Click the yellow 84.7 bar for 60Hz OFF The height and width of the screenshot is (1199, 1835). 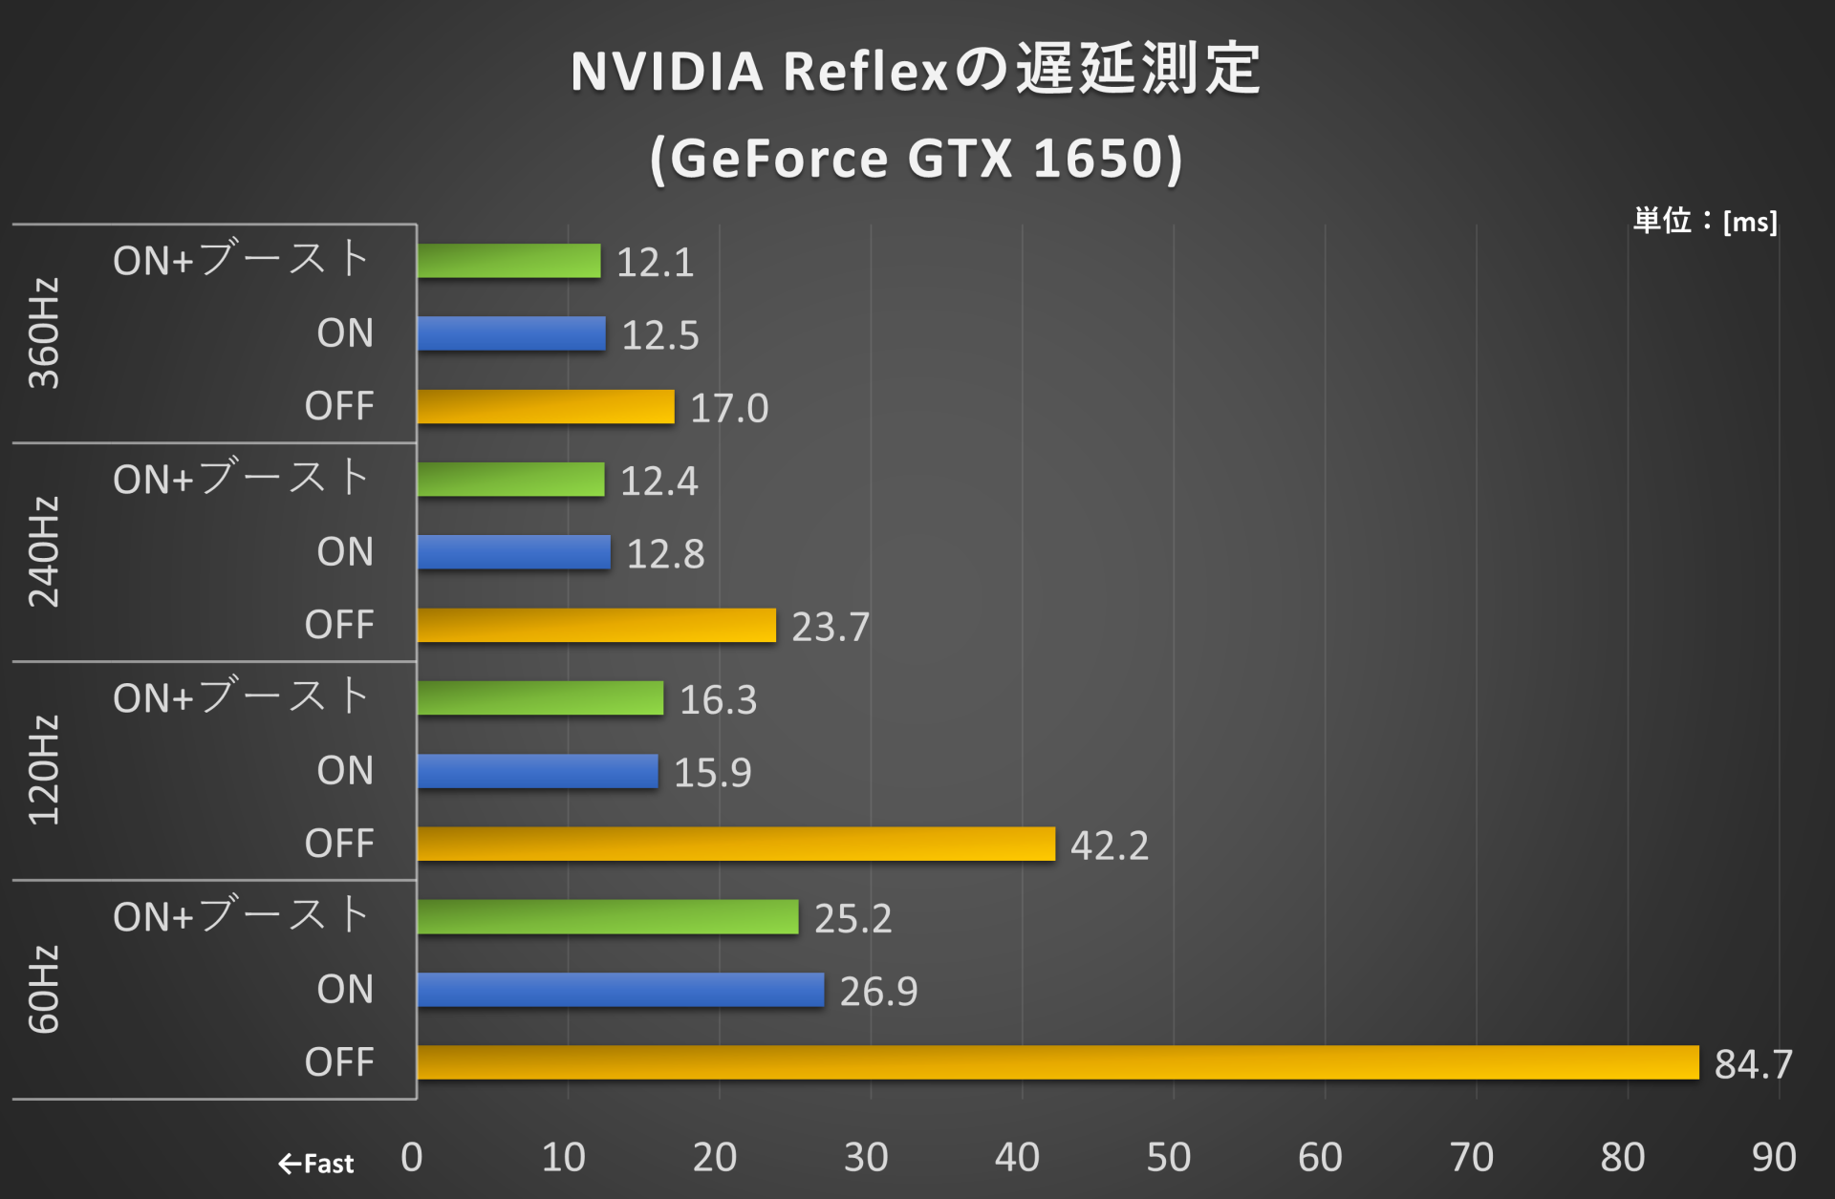coord(1057,1062)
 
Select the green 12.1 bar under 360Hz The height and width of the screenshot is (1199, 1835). coord(508,261)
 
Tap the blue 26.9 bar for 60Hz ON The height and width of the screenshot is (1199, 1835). coord(620,990)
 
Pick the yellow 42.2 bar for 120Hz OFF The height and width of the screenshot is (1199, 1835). coord(736,844)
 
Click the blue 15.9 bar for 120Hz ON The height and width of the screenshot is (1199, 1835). coord(537,771)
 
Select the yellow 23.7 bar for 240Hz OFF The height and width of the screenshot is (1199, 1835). coord(596,625)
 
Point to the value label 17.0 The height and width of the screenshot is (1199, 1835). coord(729,408)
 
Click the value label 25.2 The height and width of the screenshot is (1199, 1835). coord(853,918)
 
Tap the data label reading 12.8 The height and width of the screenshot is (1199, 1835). coord(665,554)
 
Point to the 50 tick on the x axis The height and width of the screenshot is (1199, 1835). coord(1168,1157)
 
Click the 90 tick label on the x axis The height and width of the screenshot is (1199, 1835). coord(1773,1157)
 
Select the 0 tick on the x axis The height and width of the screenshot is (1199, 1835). coord(412,1157)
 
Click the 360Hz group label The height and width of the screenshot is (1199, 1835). coord(44,333)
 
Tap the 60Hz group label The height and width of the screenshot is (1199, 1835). coord(44,989)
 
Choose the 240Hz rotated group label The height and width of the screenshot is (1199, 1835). coord(44,552)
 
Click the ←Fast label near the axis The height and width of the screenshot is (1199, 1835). coord(316,1164)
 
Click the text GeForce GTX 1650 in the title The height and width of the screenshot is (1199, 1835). coord(916,159)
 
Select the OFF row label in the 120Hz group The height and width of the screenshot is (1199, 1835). coord(339,844)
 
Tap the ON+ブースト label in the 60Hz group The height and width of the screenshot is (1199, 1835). coord(241,916)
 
